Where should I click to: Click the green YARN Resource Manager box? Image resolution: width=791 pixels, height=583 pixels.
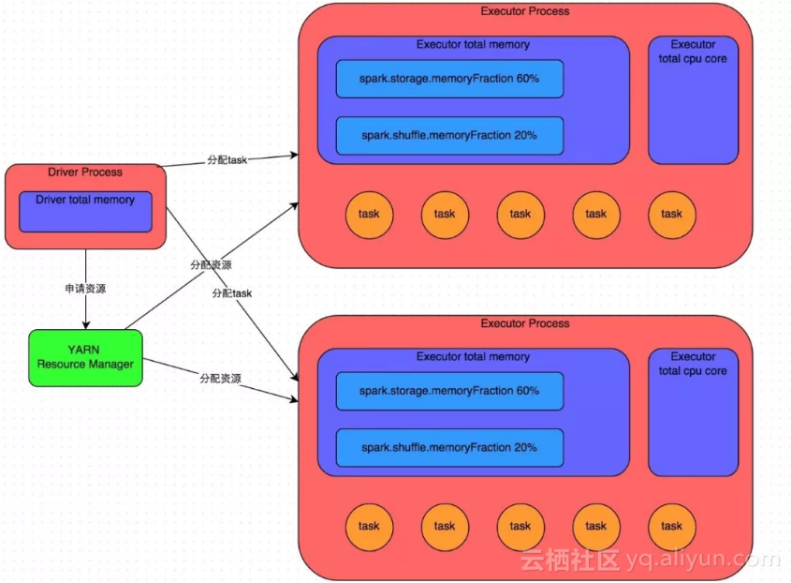(x=85, y=357)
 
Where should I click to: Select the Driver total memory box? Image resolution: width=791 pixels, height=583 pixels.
(x=85, y=212)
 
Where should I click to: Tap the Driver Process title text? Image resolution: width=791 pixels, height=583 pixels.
(x=85, y=172)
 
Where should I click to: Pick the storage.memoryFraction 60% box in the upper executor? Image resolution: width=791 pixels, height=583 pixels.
(x=449, y=79)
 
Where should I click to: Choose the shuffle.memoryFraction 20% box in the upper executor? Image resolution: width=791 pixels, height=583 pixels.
(x=449, y=135)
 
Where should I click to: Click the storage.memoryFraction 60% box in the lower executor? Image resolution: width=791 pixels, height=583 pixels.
(x=449, y=391)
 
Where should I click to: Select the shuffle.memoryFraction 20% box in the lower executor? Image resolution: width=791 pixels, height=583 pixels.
(x=449, y=447)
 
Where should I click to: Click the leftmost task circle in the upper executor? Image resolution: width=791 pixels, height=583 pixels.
(x=369, y=214)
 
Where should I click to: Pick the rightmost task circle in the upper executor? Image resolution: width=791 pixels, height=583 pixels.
(x=672, y=214)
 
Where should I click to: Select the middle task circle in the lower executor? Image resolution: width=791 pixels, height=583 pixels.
(x=520, y=526)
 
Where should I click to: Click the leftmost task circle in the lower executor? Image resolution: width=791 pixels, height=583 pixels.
(x=369, y=526)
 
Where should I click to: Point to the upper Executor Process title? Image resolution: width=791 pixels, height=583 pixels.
(x=524, y=11)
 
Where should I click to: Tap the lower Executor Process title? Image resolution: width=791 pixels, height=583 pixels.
(x=524, y=323)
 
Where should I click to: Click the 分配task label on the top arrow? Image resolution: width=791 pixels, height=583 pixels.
(x=227, y=160)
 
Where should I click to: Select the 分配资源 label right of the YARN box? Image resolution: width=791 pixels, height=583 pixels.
(x=220, y=379)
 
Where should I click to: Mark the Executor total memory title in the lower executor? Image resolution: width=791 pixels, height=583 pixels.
(x=473, y=357)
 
